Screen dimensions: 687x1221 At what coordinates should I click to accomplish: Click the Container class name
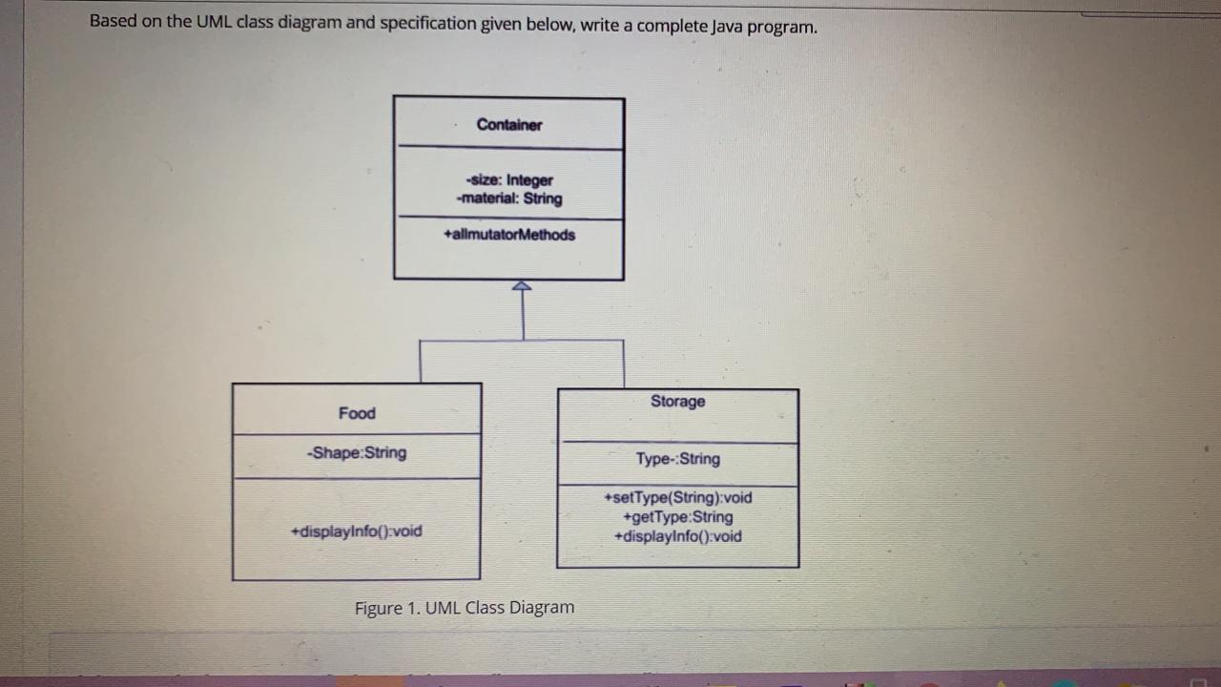tap(509, 125)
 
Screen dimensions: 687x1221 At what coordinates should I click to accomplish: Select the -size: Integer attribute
tap(509, 180)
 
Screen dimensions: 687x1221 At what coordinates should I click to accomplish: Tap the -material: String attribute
tap(509, 198)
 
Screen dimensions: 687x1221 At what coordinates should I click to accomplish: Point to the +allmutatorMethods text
tap(509, 235)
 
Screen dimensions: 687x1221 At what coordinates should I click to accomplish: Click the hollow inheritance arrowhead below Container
tap(522, 286)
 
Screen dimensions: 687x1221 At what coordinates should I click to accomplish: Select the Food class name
tap(357, 413)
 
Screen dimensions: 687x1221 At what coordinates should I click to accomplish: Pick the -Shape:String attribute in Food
tap(357, 452)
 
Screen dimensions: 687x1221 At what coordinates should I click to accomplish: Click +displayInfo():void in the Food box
tap(357, 531)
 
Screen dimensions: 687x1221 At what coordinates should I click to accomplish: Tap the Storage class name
tap(678, 402)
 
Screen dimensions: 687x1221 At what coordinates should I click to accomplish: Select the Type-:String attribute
tap(678, 459)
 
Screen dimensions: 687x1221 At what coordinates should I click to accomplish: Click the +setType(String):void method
tap(678, 498)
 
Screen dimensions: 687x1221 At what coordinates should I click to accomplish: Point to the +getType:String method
tap(678, 517)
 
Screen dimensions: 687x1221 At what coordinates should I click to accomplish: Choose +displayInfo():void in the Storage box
tap(678, 536)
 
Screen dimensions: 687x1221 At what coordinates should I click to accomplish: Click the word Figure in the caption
tap(379, 608)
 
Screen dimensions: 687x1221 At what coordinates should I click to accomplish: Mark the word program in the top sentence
tap(783, 27)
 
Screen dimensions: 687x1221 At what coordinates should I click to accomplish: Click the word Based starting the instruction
tap(113, 22)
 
